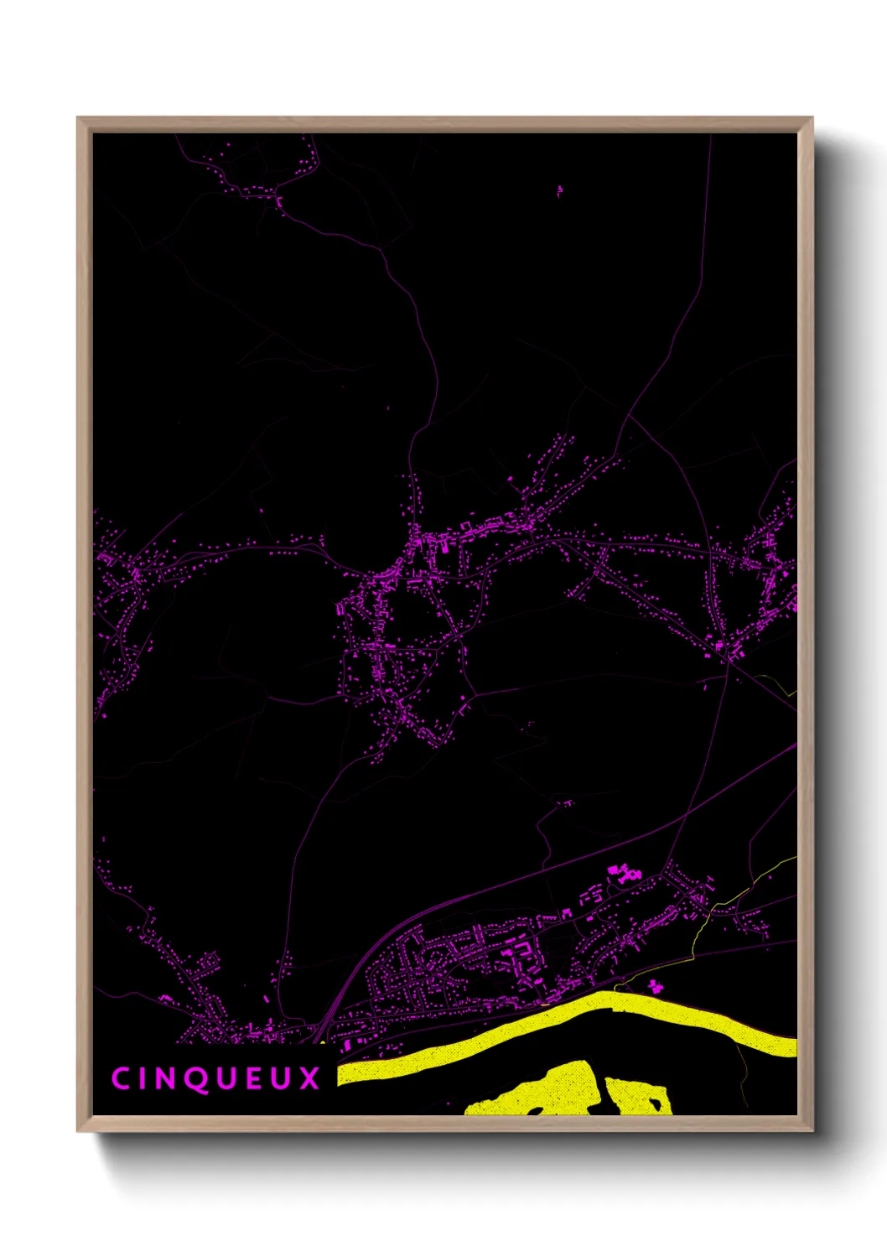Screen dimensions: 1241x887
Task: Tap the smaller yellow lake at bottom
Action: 637,1097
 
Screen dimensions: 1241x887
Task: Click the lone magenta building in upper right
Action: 559,191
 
